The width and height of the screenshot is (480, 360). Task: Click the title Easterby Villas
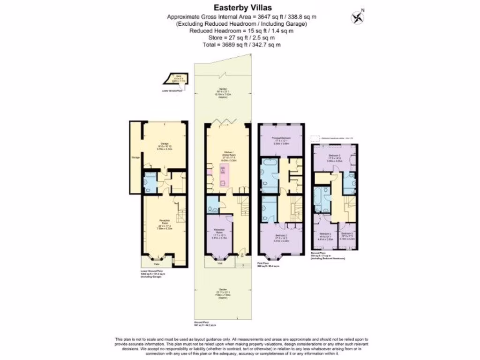(x=240, y=7)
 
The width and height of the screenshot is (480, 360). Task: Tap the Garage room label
(x=165, y=143)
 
